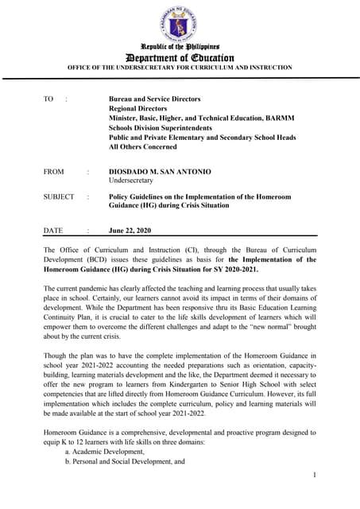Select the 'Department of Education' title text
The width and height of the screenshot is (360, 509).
pos(180,58)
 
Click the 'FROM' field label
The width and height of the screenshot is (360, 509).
pos(55,171)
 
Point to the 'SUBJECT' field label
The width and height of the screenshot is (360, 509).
pos(58,196)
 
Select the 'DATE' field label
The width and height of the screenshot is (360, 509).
pos(52,231)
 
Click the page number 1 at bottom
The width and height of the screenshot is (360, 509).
pos(315,475)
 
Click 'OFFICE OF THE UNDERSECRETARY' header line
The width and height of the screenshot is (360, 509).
pos(180,68)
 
